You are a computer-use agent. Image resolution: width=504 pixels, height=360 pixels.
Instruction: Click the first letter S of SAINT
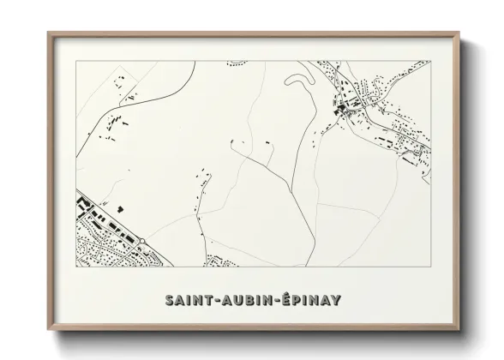pyautogui.click(x=166, y=301)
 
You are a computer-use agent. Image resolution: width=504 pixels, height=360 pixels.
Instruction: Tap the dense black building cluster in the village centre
pyautogui.click(x=343, y=107)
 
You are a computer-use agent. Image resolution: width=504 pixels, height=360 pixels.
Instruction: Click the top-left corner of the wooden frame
pyautogui.click(x=48, y=33)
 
